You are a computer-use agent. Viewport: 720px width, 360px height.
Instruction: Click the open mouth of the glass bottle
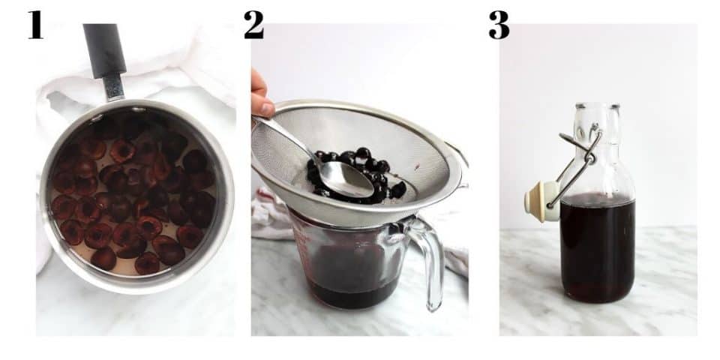tap(597, 106)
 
